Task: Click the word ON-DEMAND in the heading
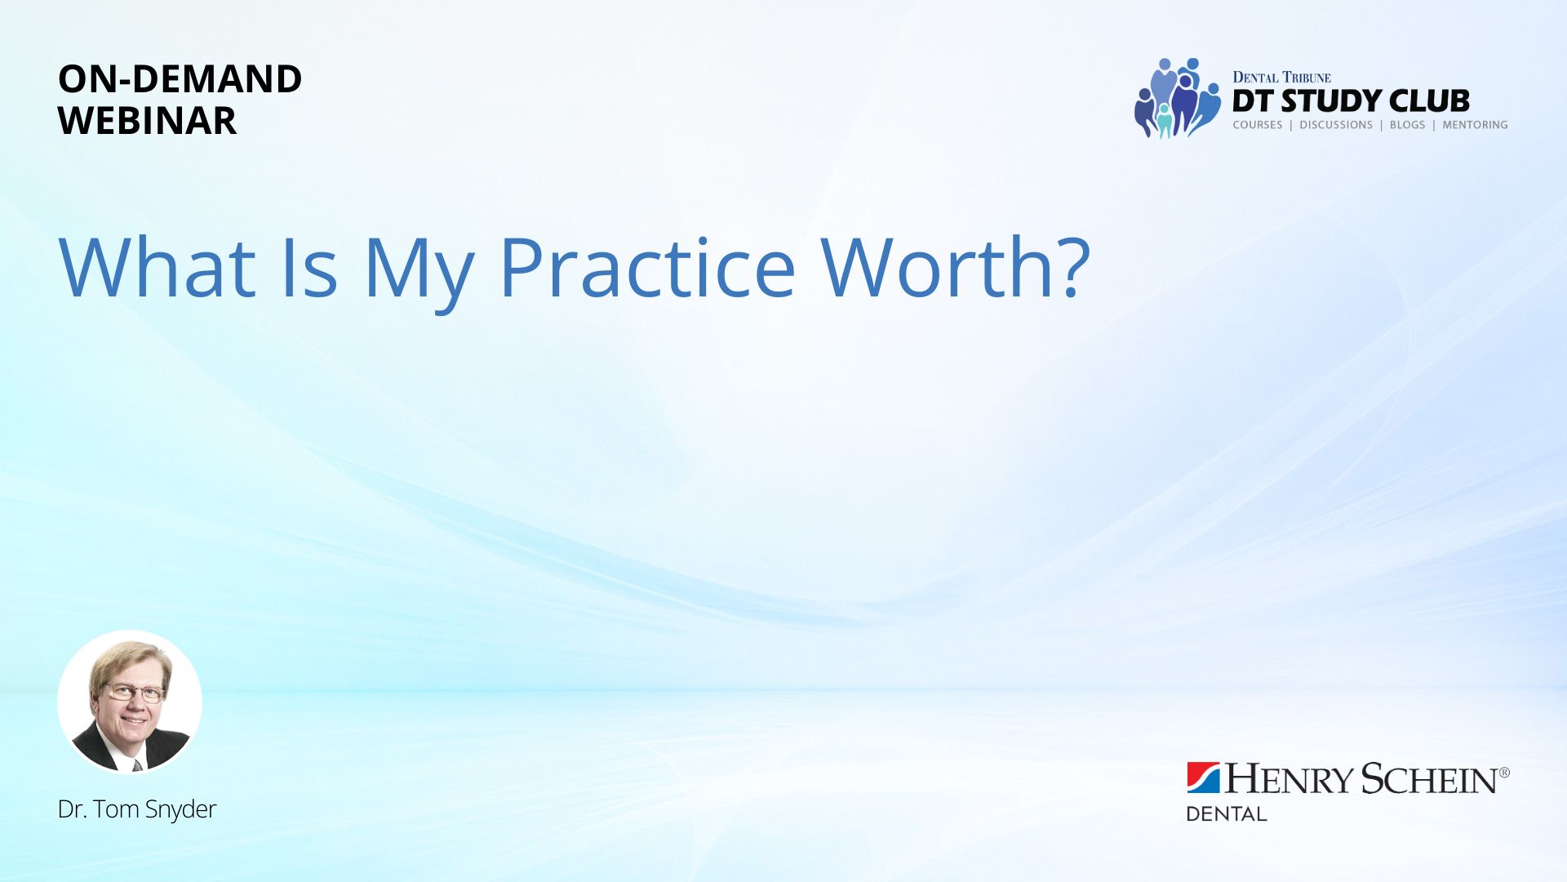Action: tap(180, 79)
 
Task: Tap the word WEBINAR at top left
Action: tap(147, 121)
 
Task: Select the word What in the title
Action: tap(158, 267)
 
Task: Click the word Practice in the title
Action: tap(647, 267)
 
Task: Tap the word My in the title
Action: tap(419, 274)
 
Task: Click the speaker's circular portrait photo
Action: tap(130, 702)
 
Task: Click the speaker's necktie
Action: tap(137, 765)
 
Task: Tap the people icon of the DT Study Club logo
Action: tap(1177, 98)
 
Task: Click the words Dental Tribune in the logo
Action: tap(1281, 78)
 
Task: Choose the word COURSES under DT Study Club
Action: tap(1258, 125)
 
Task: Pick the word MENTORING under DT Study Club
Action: tap(1475, 125)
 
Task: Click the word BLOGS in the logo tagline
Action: tap(1407, 125)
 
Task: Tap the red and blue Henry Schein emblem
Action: tap(1203, 777)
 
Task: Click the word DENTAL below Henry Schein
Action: tap(1226, 813)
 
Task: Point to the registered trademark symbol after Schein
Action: tap(1504, 772)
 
